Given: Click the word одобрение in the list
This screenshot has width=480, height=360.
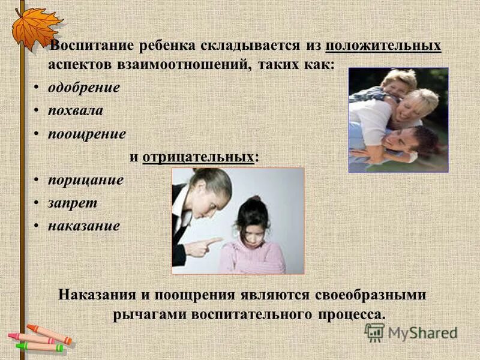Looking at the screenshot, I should pyautogui.click(x=84, y=88).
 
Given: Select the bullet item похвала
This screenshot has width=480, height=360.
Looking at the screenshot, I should pyautogui.click(x=76, y=111).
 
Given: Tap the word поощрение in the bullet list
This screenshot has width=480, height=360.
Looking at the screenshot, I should pyautogui.click(x=87, y=134).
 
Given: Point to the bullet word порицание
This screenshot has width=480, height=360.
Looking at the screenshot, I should pyautogui.click(x=86, y=180).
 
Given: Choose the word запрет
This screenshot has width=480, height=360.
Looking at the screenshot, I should pyautogui.click(x=73, y=203).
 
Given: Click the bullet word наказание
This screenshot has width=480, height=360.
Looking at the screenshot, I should pyautogui.click(x=84, y=226).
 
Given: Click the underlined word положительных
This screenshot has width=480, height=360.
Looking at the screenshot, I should pyautogui.click(x=384, y=46).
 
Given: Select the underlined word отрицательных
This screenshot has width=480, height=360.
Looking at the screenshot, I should pyautogui.click(x=199, y=157).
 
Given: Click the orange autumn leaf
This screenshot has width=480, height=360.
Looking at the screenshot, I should pyautogui.click(x=36, y=27).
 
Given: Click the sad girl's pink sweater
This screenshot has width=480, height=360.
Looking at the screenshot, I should pyautogui.click(x=252, y=255).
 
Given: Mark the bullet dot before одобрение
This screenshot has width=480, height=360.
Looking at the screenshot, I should pyautogui.click(x=37, y=88).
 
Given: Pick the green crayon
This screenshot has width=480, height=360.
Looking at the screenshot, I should pyautogui.click(x=39, y=347).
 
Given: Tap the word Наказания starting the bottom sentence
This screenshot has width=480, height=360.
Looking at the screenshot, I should pyautogui.click(x=98, y=296).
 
